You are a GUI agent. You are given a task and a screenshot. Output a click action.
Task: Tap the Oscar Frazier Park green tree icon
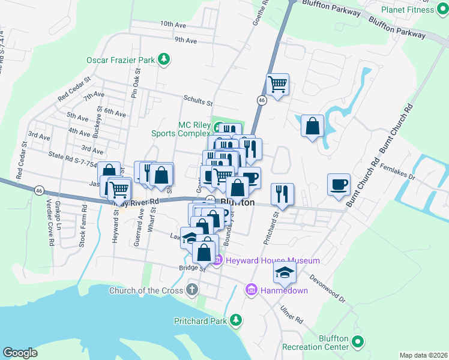click(163, 60)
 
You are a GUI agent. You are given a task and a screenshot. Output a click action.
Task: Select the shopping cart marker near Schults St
click(277, 84)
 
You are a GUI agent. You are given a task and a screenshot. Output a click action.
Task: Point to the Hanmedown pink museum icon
click(251, 290)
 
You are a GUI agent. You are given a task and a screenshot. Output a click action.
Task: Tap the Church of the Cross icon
click(191, 290)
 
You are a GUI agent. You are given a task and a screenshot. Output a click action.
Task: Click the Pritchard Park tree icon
click(237, 320)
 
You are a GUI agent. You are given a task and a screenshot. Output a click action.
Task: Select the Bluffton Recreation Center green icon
click(358, 343)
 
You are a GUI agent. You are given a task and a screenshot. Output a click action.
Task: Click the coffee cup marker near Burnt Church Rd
click(339, 184)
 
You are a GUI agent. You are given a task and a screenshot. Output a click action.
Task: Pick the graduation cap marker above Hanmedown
click(285, 274)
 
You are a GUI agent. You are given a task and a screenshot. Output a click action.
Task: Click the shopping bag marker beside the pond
click(312, 126)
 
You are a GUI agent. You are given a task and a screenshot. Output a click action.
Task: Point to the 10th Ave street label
click(173, 24)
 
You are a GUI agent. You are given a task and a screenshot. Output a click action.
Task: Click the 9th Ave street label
click(186, 40)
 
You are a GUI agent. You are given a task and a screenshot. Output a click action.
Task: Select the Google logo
click(20, 353)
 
